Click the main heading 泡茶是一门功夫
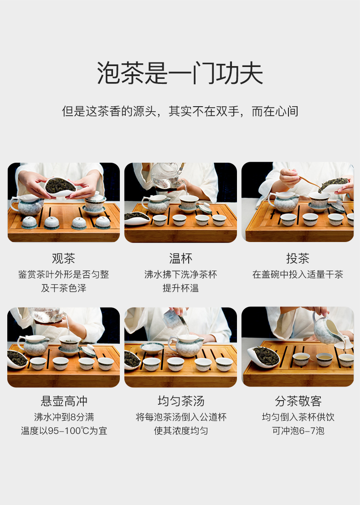click(x=180, y=73)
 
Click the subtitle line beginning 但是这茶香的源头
click(x=180, y=111)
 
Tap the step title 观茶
click(x=63, y=258)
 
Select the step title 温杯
click(x=180, y=258)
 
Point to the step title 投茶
click(x=298, y=258)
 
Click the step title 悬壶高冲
click(x=64, y=401)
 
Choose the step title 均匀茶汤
click(x=181, y=401)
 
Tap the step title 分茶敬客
click(x=298, y=401)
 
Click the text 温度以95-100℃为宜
click(x=64, y=431)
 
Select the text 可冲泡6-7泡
click(x=298, y=431)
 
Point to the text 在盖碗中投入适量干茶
click(x=298, y=274)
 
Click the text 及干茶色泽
click(x=63, y=288)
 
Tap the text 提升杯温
click(x=180, y=288)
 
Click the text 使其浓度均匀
click(x=181, y=431)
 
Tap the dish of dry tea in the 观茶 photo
click(x=60, y=186)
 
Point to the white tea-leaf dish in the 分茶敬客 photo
click(x=264, y=356)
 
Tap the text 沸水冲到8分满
click(x=64, y=417)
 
